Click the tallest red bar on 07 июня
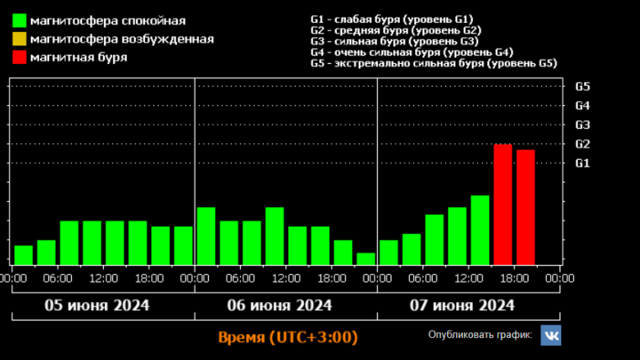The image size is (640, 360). pyautogui.click(x=503, y=204)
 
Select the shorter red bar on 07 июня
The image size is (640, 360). pyautogui.click(x=525, y=206)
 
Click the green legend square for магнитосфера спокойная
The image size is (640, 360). pyautogui.click(x=19, y=20)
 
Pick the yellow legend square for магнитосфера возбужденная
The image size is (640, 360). pyautogui.click(x=19, y=39)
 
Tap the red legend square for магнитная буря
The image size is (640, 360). pyautogui.click(x=19, y=58)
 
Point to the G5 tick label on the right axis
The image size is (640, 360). pyautogui.click(x=583, y=86)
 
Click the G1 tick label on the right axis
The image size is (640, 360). pyautogui.click(x=583, y=163)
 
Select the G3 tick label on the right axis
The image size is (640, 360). pyautogui.click(x=583, y=124)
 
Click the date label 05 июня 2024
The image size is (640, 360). pyautogui.click(x=98, y=306)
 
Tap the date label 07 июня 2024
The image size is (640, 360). pyautogui.click(x=463, y=306)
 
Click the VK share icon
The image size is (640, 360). pyautogui.click(x=551, y=335)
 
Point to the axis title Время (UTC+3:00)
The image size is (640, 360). pyautogui.click(x=288, y=338)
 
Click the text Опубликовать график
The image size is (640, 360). pyautogui.click(x=480, y=335)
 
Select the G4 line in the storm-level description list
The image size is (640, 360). pyautogui.click(x=411, y=52)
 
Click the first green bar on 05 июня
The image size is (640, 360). pyautogui.click(x=24, y=254)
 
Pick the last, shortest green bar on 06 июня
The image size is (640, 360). pyautogui.click(x=366, y=259)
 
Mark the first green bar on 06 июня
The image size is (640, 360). pyautogui.click(x=206, y=236)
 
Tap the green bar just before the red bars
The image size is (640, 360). pyautogui.click(x=480, y=229)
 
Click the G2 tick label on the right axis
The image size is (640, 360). pyautogui.click(x=583, y=144)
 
